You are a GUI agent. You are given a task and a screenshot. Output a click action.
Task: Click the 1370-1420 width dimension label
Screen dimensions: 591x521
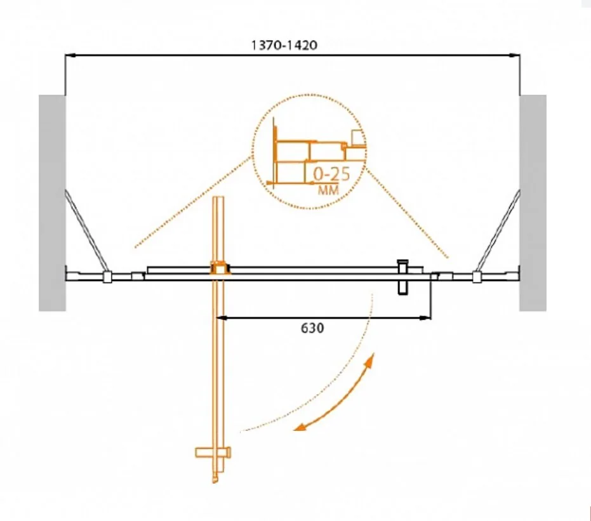pos(284,45)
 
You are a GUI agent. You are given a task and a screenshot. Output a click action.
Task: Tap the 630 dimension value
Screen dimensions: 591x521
pos(312,328)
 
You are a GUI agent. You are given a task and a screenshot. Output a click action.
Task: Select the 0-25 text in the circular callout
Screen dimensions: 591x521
pos(331,174)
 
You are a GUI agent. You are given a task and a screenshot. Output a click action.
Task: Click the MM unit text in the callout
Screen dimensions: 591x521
pos(328,190)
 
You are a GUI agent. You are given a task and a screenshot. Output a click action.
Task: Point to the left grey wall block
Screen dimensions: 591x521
pos(53,202)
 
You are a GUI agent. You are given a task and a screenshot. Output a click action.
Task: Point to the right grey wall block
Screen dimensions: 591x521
pos(533,202)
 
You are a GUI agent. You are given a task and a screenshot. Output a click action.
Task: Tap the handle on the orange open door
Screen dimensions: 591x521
pos(213,452)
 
